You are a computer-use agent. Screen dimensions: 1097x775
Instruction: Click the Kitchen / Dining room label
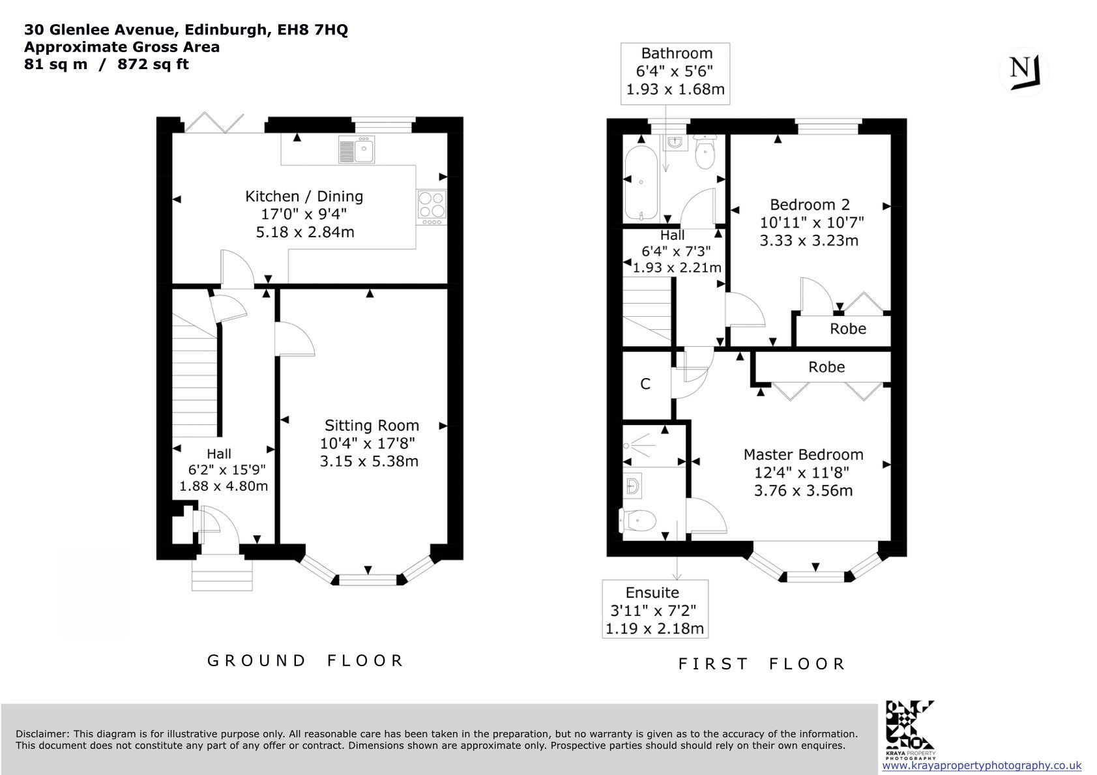304,196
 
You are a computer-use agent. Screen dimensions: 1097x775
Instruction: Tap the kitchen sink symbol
357,149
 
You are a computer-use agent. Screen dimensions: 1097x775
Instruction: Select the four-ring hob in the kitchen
431,205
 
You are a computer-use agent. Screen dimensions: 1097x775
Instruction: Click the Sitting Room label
372,425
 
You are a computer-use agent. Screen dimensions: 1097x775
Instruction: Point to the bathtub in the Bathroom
641,183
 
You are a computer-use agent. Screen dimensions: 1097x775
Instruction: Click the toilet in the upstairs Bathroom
705,153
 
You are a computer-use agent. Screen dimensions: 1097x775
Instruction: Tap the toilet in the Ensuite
637,520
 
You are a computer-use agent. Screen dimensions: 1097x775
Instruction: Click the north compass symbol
1023,72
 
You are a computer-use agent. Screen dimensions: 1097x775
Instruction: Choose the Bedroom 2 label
810,204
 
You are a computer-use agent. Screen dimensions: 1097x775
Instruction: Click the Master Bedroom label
803,454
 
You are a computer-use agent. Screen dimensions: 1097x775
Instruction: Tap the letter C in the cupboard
645,384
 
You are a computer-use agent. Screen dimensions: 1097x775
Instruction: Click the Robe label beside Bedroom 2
848,329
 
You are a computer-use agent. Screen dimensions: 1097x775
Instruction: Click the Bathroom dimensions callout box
675,74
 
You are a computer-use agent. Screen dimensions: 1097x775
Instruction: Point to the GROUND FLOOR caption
305,661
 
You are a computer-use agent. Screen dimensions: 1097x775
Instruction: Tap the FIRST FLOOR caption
761,664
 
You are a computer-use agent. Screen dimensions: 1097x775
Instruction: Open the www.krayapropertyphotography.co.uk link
982,766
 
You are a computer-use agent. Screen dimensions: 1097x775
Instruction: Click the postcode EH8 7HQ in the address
312,30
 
